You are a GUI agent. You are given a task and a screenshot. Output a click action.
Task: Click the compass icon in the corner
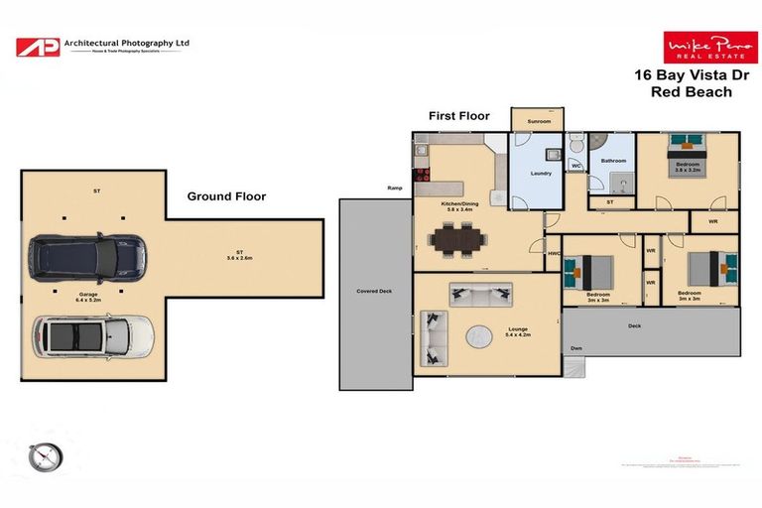pyautogui.click(x=46, y=455)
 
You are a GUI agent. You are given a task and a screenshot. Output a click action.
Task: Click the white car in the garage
pyautogui.click(x=93, y=336)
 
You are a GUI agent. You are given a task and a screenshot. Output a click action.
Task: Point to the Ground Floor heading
pyautogui.click(x=226, y=196)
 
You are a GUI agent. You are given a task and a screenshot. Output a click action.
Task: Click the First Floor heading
pyautogui.click(x=458, y=116)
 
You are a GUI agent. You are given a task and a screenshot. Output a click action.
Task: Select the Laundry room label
pyautogui.click(x=541, y=174)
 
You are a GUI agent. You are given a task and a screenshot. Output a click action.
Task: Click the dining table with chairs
pyautogui.click(x=457, y=239)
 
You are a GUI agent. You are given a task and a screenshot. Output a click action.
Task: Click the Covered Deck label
pyautogui.click(x=375, y=292)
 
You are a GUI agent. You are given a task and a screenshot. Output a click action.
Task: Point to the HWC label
pyautogui.click(x=554, y=254)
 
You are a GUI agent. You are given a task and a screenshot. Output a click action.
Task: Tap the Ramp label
pyautogui.click(x=395, y=188)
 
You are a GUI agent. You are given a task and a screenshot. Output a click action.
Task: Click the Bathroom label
pyautogui.click(x=613, y=160)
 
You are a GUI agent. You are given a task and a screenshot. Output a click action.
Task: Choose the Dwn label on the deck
pyautogui.click(x=575, y=348)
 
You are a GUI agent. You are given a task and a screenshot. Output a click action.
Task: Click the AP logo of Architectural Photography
pyautogui.click(x=37, y=46)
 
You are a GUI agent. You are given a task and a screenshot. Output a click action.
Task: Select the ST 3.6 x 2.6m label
pyautogui.click(x=240, y=255)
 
